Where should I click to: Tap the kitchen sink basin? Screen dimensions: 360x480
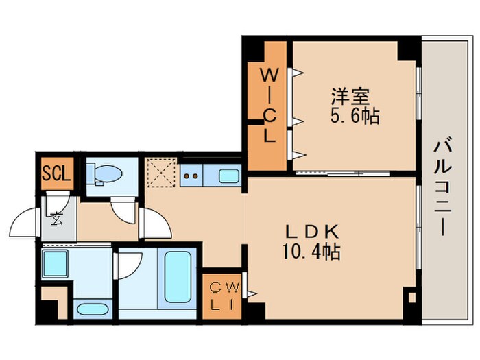point(229,176)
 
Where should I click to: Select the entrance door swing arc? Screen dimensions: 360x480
point(24,223)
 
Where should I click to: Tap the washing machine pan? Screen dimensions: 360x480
point(55,262)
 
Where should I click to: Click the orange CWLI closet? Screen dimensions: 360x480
point(221,293)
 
